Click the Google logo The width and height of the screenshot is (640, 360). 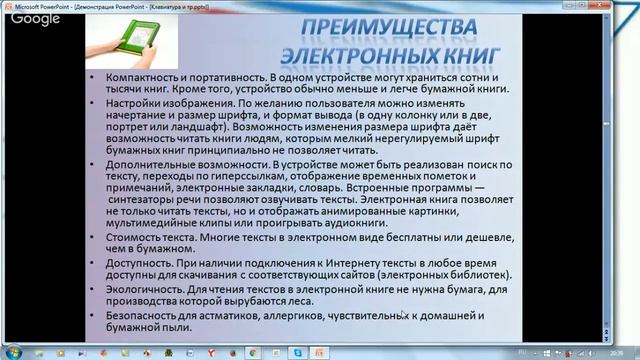[36, 18]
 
